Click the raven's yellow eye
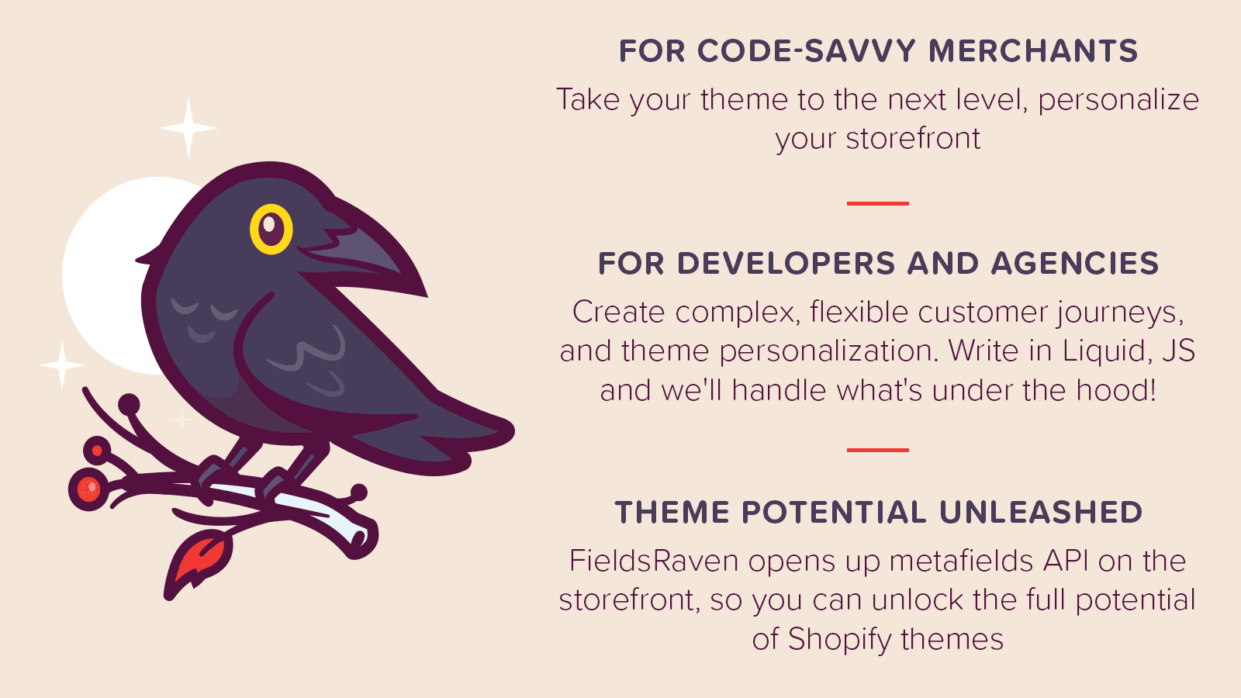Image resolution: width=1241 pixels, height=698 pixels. [x=271, y=229]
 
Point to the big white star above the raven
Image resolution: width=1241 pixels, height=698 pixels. [x=188, y=127]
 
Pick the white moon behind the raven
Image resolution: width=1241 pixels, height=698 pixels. [x=109, y=271]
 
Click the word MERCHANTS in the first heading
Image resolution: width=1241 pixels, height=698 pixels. [x=1033, y=51]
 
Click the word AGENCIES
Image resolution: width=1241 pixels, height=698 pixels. [x=1074, y=264]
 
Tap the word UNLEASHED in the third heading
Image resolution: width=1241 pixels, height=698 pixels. [x=1041, y=513]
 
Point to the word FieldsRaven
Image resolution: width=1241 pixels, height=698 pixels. [x=654, y=561]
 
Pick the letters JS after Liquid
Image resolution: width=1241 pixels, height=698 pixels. [x=1178, y=351]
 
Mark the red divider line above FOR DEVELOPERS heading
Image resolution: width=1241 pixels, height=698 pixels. [x=877, y=203]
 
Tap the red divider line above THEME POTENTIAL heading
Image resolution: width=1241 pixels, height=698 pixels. [x=877, y=450]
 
